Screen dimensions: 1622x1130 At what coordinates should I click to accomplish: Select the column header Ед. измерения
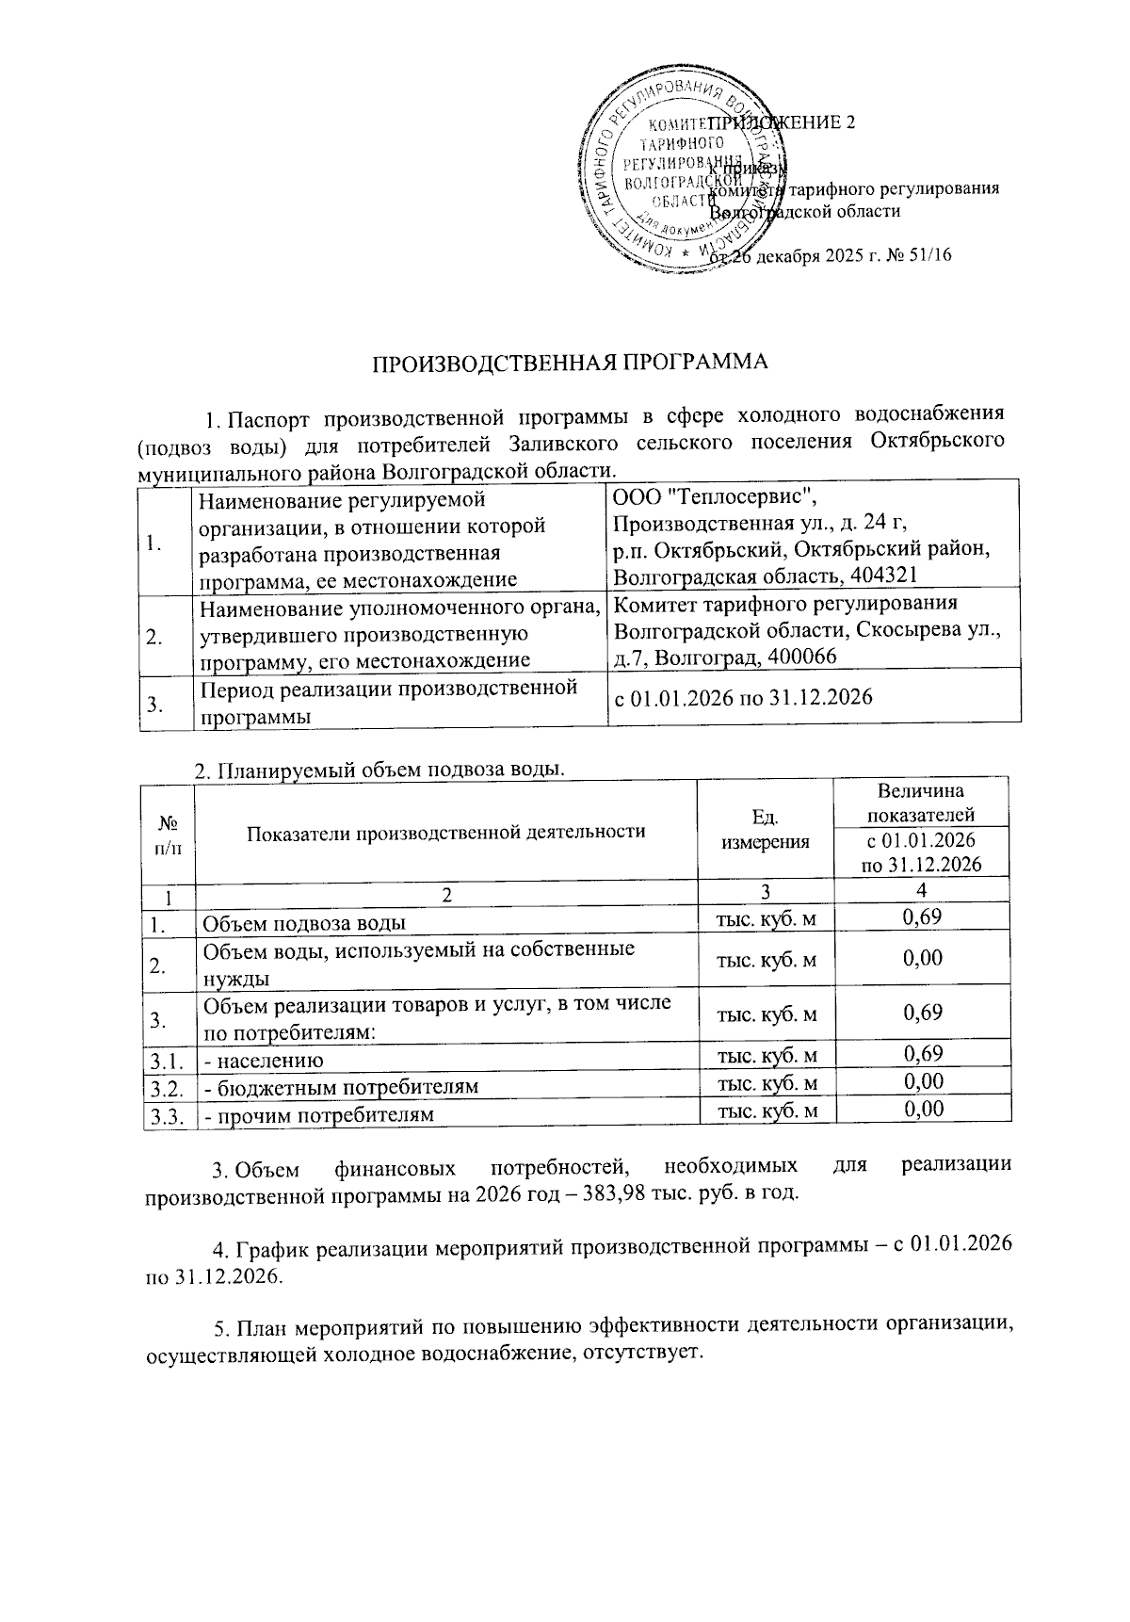click(765, 832)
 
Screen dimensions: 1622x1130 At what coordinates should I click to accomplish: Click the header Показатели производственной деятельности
click(445, 832)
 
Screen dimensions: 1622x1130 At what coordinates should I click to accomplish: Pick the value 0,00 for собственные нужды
click(922, 959)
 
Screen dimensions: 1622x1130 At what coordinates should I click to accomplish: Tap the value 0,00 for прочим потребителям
click(922, 1111)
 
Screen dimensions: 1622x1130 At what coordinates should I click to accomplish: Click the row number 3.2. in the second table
click(167, 1088)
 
